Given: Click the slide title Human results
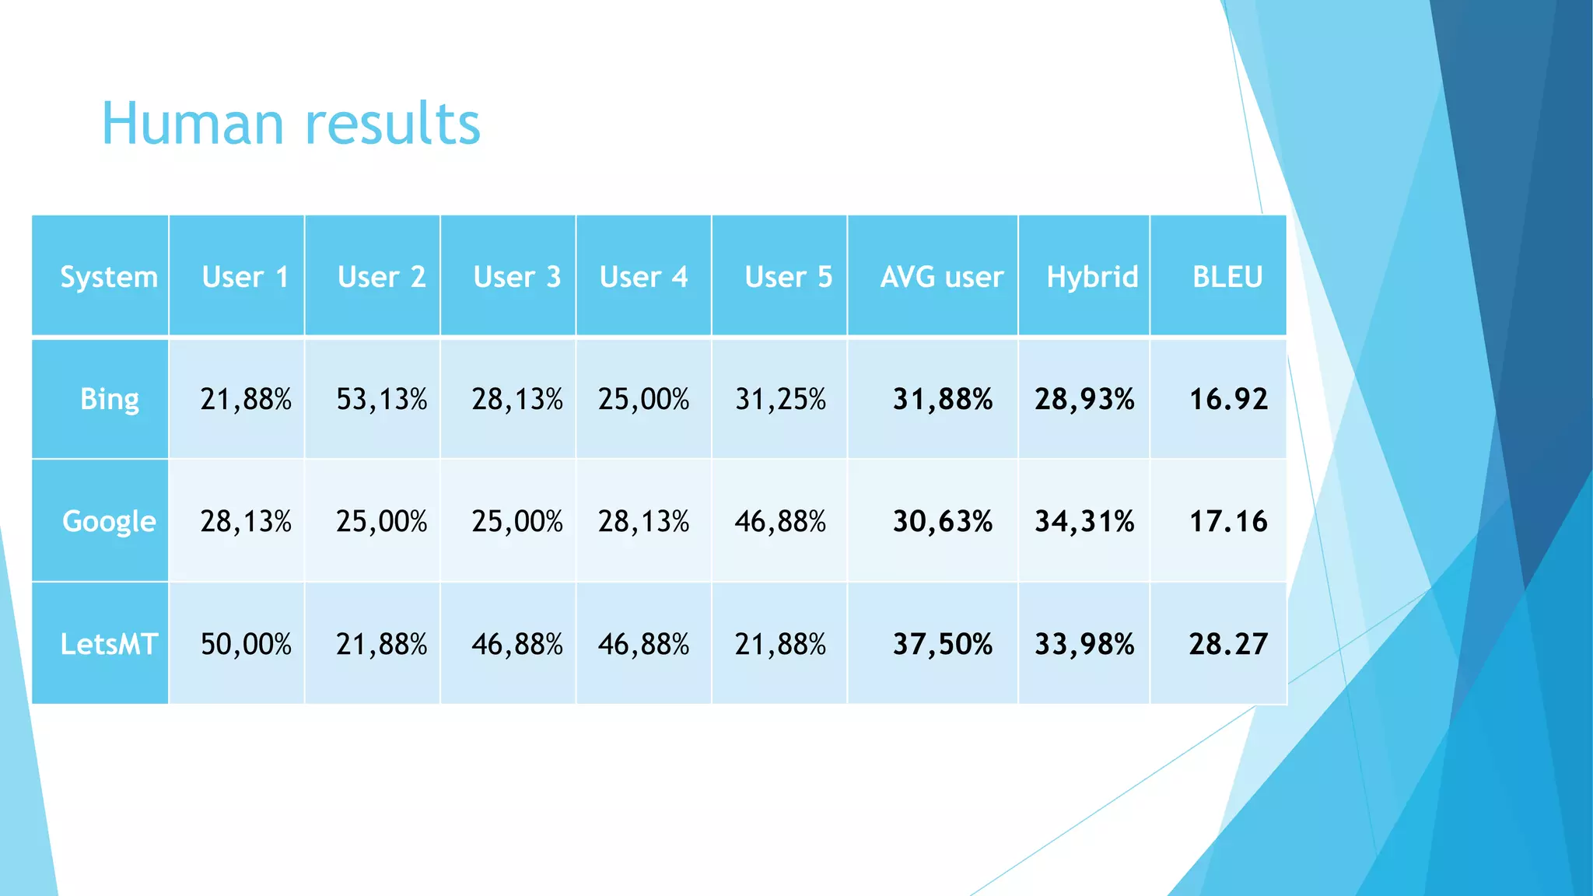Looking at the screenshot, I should click(291, 124).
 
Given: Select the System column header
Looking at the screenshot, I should click(109, 277).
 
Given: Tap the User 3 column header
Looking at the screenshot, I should click(516, 277).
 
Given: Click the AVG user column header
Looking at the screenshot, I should click(941, 277).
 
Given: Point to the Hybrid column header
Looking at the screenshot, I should click(1091, 277).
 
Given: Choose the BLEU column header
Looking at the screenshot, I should click(1227, 277).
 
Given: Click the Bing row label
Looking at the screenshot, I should click(110, 399).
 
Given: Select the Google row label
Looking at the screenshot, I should click(109, 521).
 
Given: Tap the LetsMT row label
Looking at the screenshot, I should click(109, 644).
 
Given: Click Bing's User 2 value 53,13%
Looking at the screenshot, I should click(381, 400).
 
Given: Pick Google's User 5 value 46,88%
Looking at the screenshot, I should click(780, 521).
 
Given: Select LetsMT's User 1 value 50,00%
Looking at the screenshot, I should click(246, 644).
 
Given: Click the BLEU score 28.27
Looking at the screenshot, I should click(1228, 644).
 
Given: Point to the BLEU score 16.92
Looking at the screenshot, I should click(1228, 400).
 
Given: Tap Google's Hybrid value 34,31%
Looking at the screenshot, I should click(1084, 521).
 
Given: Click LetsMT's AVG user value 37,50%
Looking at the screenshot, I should click(942, 644).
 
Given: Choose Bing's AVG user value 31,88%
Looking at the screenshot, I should click(942, 400).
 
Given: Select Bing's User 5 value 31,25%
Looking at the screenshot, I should click(780, 400).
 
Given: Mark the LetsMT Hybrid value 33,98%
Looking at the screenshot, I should click(1084, 644).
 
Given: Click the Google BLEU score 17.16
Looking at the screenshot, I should click(1228, 521).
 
